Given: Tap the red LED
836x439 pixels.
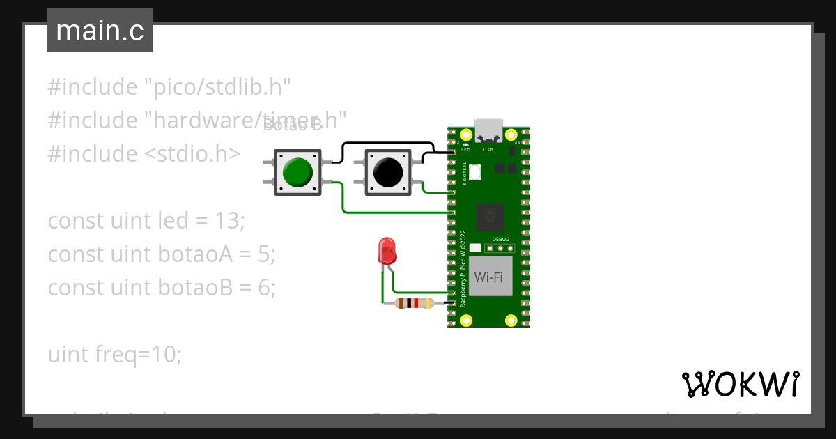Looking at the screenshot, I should pos(386,250).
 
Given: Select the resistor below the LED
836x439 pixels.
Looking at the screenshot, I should pos(414,303).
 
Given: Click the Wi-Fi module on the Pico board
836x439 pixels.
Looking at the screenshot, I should pos(490,277).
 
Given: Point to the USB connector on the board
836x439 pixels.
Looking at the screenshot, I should pos(488,131).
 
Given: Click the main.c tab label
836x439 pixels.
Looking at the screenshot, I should pos(100,31).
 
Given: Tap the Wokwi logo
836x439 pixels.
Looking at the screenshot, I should pos(740,384).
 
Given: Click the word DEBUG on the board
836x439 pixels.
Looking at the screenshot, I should pos(500,240).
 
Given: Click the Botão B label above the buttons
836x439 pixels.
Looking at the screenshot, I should pos(293,125).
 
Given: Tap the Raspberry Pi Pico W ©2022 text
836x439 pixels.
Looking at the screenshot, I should pos(463,268).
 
